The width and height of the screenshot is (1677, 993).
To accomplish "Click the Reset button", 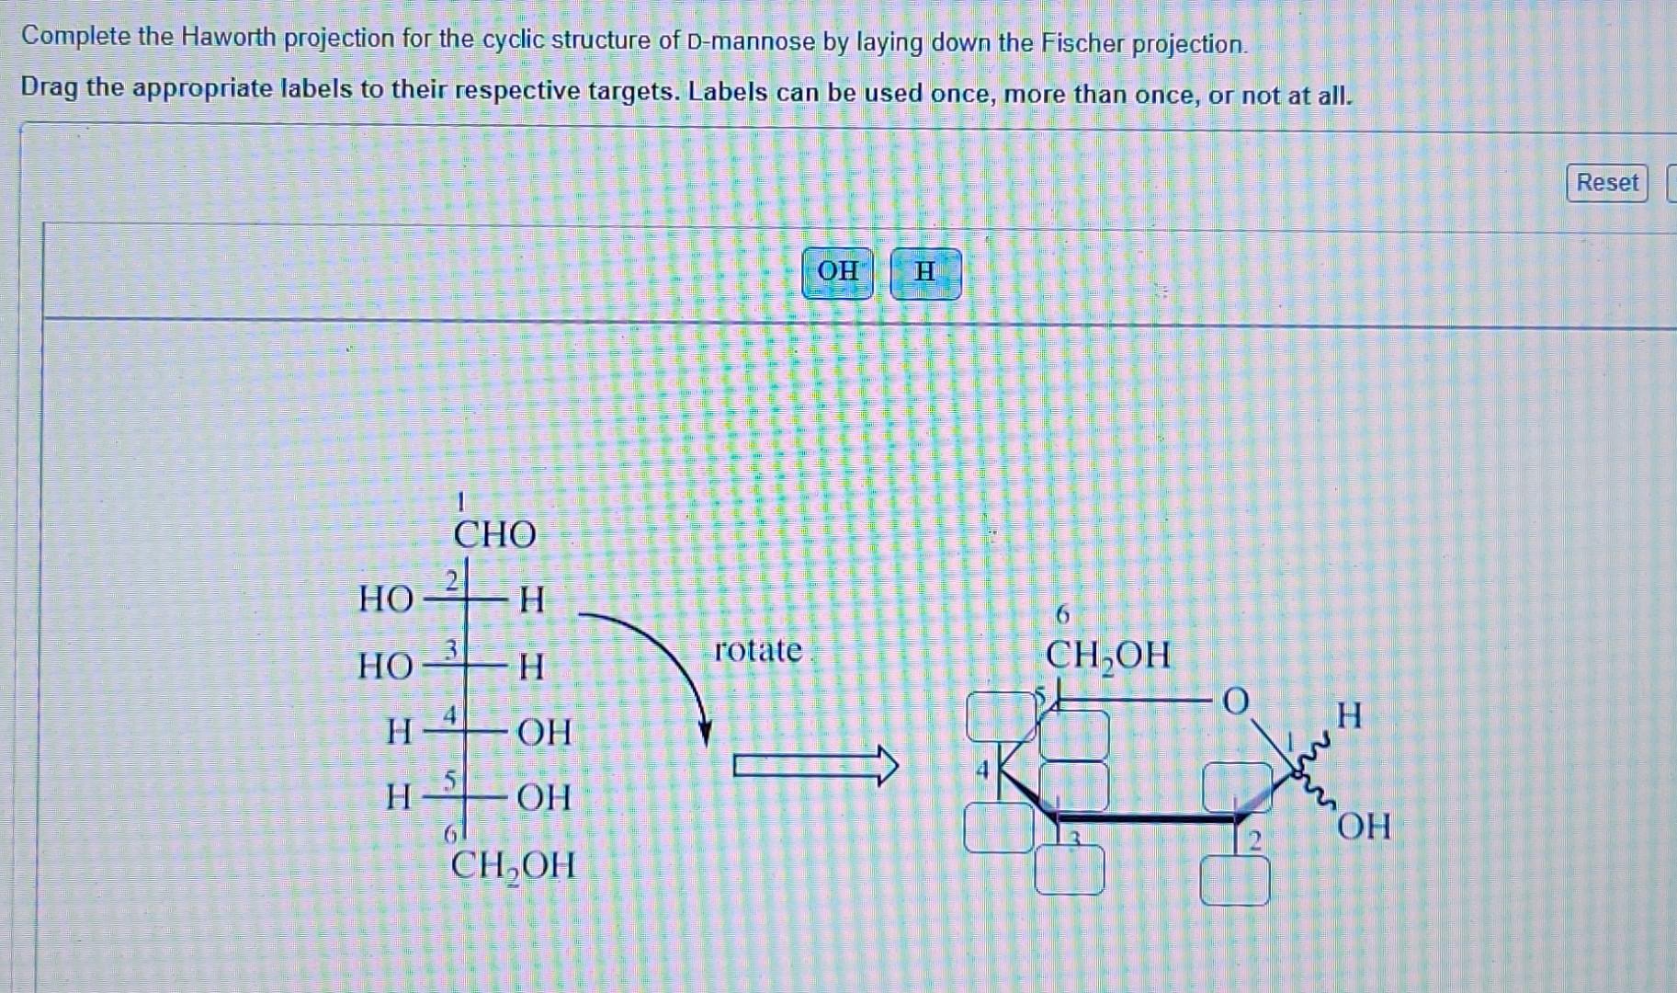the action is tap(1606, 183).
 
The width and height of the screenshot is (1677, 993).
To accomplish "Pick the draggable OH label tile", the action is tap(837, 272).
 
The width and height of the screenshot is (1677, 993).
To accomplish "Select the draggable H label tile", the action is tap(925, 273).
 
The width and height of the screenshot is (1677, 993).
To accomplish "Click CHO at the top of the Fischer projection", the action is tap(494, 534).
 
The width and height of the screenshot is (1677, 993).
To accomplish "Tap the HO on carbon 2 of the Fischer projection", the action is tap(386, 599).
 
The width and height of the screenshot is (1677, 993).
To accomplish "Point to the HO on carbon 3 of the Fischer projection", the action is tap(386, 666).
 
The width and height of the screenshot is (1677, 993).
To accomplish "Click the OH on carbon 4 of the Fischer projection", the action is tap(544, 732).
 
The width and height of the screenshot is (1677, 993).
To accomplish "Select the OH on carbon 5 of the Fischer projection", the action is tap(544, 797).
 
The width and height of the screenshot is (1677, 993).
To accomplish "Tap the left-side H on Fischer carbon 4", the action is tap(399, 732).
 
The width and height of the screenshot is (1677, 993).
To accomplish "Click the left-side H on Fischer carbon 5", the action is tap(399, 796).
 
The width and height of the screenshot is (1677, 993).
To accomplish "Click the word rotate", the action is tap(758, 650).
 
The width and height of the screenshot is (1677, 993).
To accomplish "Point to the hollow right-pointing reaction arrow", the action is tap(814, 766).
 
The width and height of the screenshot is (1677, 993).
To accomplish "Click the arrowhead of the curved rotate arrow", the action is tap(705, 733).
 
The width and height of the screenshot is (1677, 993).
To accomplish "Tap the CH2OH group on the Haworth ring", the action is tap(1107, 656).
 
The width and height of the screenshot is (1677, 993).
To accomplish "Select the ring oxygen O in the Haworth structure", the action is tap(1236, 702).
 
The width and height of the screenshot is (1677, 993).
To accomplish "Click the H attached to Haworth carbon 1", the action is tap(1349, 714).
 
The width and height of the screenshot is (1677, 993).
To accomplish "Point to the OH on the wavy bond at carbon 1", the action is tap(1364, 827).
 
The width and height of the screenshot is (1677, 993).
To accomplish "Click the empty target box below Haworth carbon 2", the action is tap(1235, 880).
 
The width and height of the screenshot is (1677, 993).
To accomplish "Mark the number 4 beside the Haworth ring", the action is tap(982, 770).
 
